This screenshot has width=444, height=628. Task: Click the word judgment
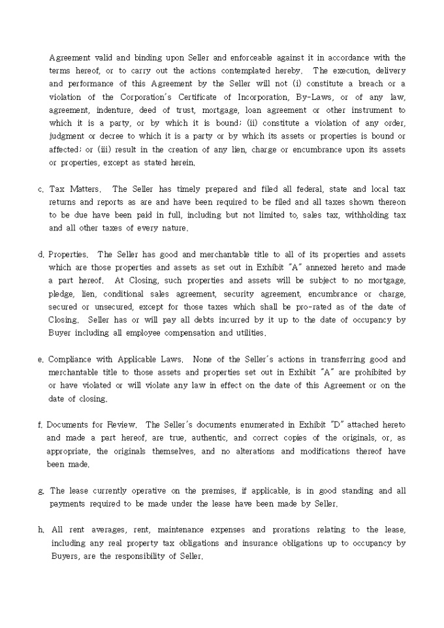[67, 136]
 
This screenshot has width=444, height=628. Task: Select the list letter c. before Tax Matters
[41, 189]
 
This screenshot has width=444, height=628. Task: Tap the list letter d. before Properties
[41, 255]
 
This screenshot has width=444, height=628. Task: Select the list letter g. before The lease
[42, 490]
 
